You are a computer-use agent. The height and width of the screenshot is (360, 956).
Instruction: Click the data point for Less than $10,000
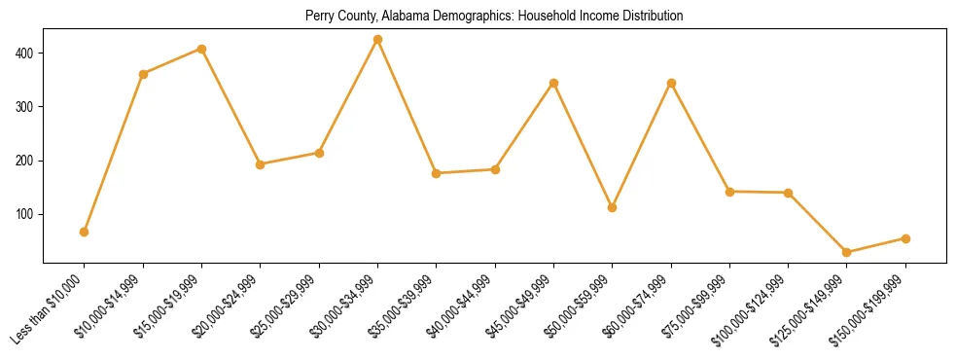[x=84, y=232]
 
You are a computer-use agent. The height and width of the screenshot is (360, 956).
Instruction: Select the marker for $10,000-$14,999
[x=143, y=74]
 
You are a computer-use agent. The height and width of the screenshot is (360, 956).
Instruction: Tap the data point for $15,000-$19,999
[x=201, y=49]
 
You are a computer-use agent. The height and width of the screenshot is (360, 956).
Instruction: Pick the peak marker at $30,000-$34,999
[x=377, y=40]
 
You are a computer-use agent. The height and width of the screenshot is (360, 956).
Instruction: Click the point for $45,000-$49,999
[x=553, y=83]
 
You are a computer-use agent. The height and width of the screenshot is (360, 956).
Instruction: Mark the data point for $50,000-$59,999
[x=612, y=207]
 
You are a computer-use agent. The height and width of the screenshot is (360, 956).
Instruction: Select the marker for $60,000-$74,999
[x=671, y=83]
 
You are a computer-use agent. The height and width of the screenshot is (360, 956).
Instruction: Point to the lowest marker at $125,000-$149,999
[x=846, y=252]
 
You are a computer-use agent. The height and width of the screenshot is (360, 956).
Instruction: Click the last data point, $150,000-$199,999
[x=905, y=238]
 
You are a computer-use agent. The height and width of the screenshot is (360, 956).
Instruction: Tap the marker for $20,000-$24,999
[x=260, y=164]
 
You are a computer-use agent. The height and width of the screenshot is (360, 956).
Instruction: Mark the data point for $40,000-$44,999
[x=495, y=169]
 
